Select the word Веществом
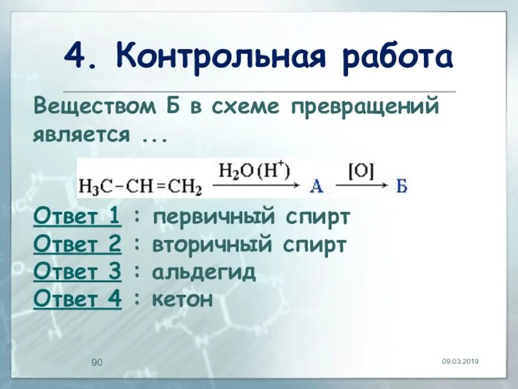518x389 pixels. (x=91, y=106)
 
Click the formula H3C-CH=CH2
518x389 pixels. (x=140, y=187)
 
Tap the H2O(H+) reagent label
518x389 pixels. (x=254, y=171)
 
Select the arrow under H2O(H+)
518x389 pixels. (x=256, y=186)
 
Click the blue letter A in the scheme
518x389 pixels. (x=317, y=187)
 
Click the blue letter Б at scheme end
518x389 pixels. (x=402, y=187)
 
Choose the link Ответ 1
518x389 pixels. (x=77, y=217)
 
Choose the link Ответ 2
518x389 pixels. (x=77, y=245)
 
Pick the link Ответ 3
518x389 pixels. (x=77, y=272)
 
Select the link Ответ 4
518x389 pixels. (x=77, y=300)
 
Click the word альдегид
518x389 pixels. (x=204, y=273)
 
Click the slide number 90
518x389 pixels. (x=97, y=362)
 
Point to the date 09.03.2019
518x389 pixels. (x=460, y=361)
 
